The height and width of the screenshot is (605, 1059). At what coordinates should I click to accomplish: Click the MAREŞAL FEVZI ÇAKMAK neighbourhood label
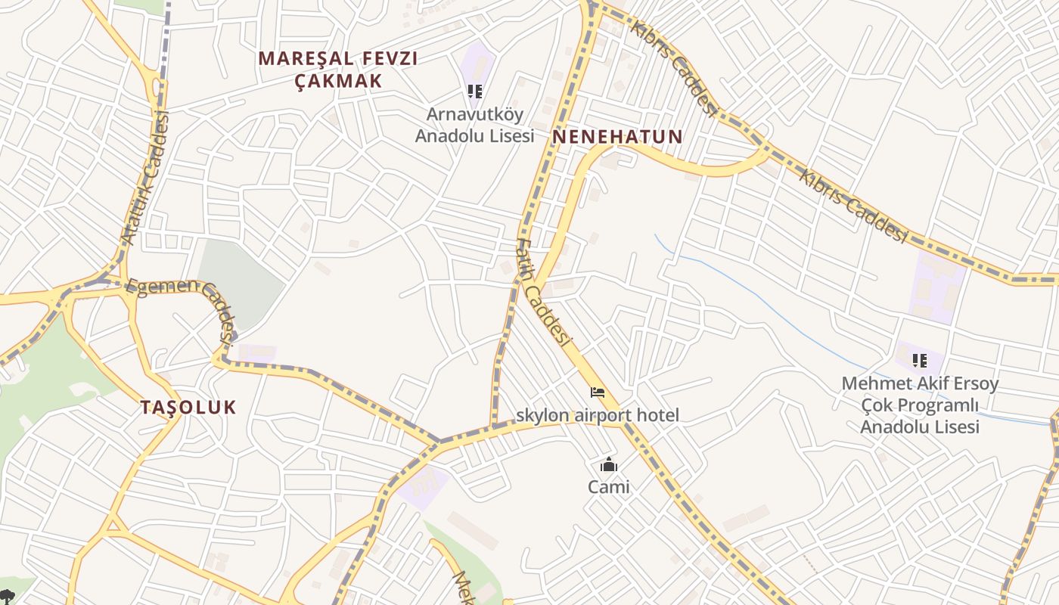[337, 69]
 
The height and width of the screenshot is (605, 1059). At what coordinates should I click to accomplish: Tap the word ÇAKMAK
[337, 80]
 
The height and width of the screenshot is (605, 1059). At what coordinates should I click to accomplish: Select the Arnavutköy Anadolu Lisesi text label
[474, 125]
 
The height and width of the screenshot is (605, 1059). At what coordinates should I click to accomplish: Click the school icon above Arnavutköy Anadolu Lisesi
[474, 92]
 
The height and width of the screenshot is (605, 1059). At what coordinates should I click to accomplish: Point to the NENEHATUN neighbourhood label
[617, 137]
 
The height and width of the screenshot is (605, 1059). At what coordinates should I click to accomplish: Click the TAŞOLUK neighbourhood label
[188, 408]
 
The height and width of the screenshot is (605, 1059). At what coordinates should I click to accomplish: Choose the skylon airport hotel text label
[598, 415]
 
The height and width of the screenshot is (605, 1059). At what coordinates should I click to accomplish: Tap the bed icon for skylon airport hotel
[598, 392]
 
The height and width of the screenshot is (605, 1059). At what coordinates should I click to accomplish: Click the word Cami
[609, 487]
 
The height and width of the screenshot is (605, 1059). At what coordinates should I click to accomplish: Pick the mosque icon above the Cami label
[609, 465]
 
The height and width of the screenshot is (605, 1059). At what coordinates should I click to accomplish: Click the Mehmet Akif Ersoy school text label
[920, 405]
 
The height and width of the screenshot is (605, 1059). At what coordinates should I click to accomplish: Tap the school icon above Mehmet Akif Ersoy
[920, 361]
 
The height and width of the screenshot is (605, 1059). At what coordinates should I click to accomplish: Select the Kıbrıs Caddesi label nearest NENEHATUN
[675, 68]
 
